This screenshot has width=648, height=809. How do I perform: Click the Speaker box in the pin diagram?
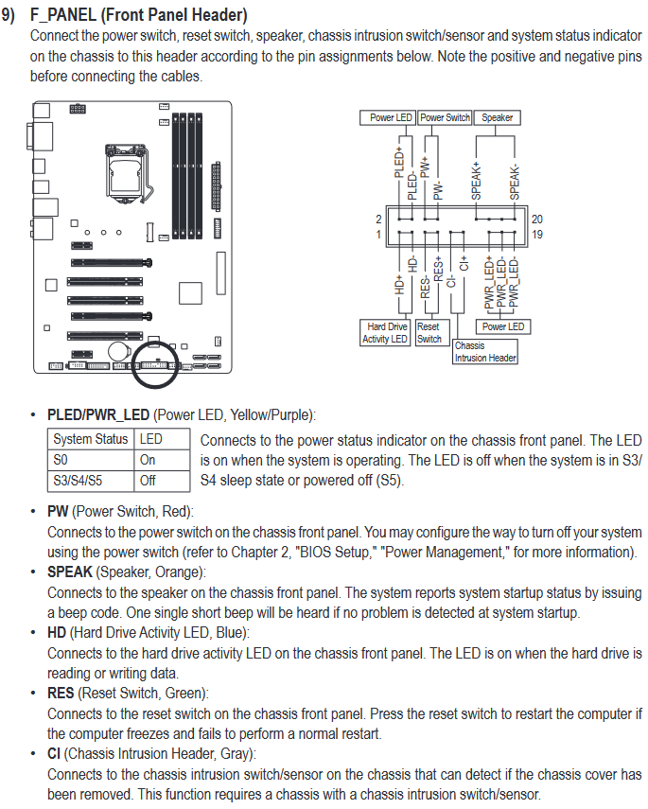(x=497, y=117)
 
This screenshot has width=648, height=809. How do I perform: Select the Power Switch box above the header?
(x=445, y=117)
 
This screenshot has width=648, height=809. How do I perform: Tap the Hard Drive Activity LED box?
(x=385, y=332)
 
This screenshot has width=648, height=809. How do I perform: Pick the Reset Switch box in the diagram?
(x=429, y=332)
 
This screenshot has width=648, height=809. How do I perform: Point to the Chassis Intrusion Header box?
(x=485, y=352)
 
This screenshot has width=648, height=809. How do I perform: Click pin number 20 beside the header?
(x=537, y=219)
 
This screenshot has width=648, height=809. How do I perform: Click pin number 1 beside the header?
(x=378, y=234)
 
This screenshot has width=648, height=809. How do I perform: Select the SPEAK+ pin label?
(x=477, y=179)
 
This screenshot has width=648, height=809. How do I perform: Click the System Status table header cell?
(x=91, y=439)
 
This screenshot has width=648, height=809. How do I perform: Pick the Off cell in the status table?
(x=149, y=480)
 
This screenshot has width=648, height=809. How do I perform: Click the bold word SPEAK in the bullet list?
(x=70, y=572)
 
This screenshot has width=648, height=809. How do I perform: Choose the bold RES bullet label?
(x=61, y=694)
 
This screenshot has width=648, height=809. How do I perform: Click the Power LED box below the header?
(x=502, y=326)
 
